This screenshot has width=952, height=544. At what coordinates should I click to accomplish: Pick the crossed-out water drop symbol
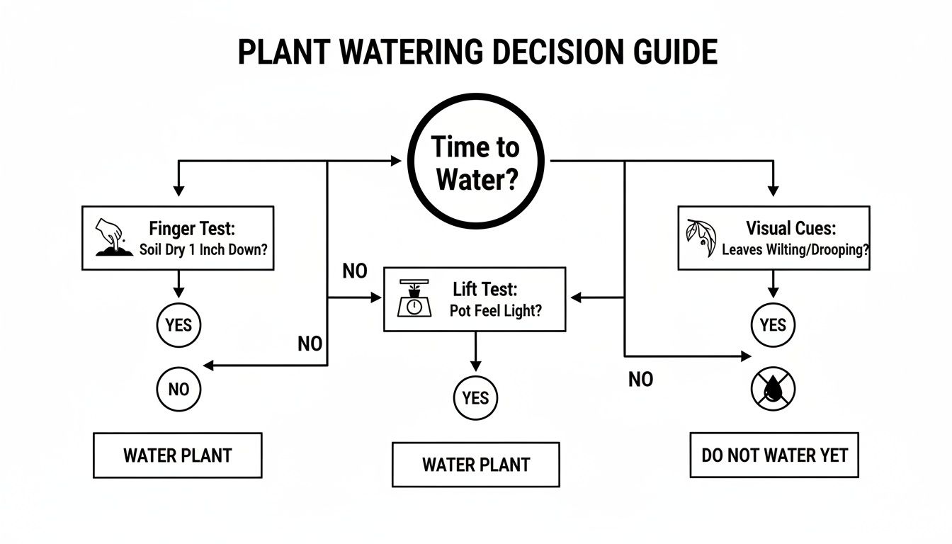773,388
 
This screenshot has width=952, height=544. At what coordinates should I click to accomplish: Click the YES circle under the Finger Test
178,325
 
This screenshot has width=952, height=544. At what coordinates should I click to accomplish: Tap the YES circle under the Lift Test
476,398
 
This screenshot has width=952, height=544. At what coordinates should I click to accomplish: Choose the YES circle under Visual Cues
773,325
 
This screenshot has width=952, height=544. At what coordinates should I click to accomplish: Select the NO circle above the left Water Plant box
178,388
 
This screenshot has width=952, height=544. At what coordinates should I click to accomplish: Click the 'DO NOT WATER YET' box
774,455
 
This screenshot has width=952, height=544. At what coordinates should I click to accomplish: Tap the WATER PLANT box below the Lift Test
476,465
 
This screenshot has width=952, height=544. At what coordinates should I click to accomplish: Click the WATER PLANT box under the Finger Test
178,455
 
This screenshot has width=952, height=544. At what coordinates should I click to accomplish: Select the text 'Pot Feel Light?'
495,311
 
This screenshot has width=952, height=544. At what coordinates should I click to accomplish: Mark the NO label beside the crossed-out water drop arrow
640,380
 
